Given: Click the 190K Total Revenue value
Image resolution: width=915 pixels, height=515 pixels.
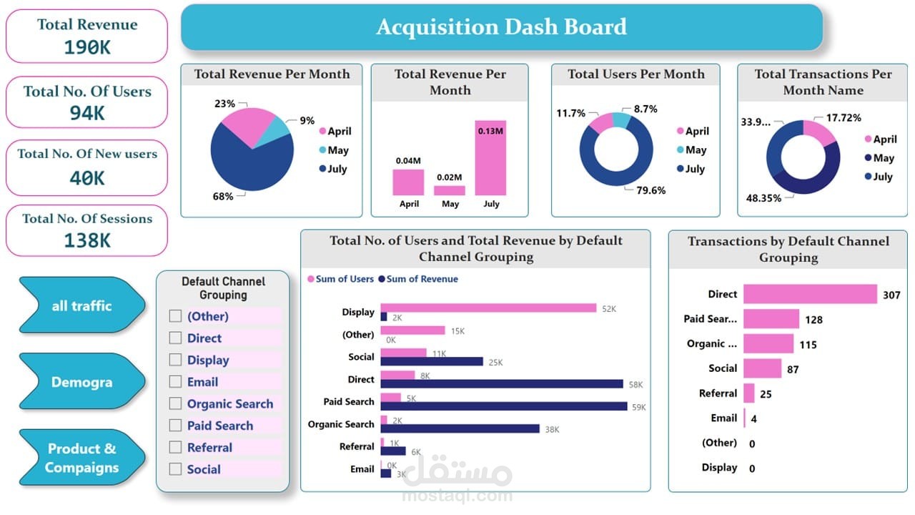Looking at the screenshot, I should point(86,47).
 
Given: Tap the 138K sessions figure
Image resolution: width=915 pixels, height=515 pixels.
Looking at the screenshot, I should point(86,240).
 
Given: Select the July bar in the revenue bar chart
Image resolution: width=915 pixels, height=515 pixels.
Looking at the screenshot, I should point(490,158).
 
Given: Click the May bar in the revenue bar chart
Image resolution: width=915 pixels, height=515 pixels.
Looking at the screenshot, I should point(450,191).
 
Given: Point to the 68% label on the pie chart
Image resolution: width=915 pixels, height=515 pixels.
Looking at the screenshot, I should point(223,196).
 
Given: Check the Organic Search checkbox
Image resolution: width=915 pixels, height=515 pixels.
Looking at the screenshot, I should point(175,403).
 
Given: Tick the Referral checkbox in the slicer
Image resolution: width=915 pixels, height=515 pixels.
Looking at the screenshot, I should point(175,447).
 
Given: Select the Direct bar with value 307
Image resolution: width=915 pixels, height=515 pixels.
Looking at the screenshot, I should point(809,294).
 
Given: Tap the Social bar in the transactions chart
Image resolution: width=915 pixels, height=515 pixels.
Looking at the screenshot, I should point(762,368).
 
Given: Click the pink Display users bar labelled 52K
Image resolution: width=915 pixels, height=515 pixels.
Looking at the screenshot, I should point(488,308).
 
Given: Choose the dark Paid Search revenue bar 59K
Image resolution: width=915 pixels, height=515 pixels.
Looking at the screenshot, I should point(504,406).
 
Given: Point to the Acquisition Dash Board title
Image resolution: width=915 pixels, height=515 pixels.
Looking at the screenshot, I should point(501,27).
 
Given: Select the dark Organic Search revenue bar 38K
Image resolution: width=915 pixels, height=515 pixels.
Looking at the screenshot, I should point(460,428).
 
